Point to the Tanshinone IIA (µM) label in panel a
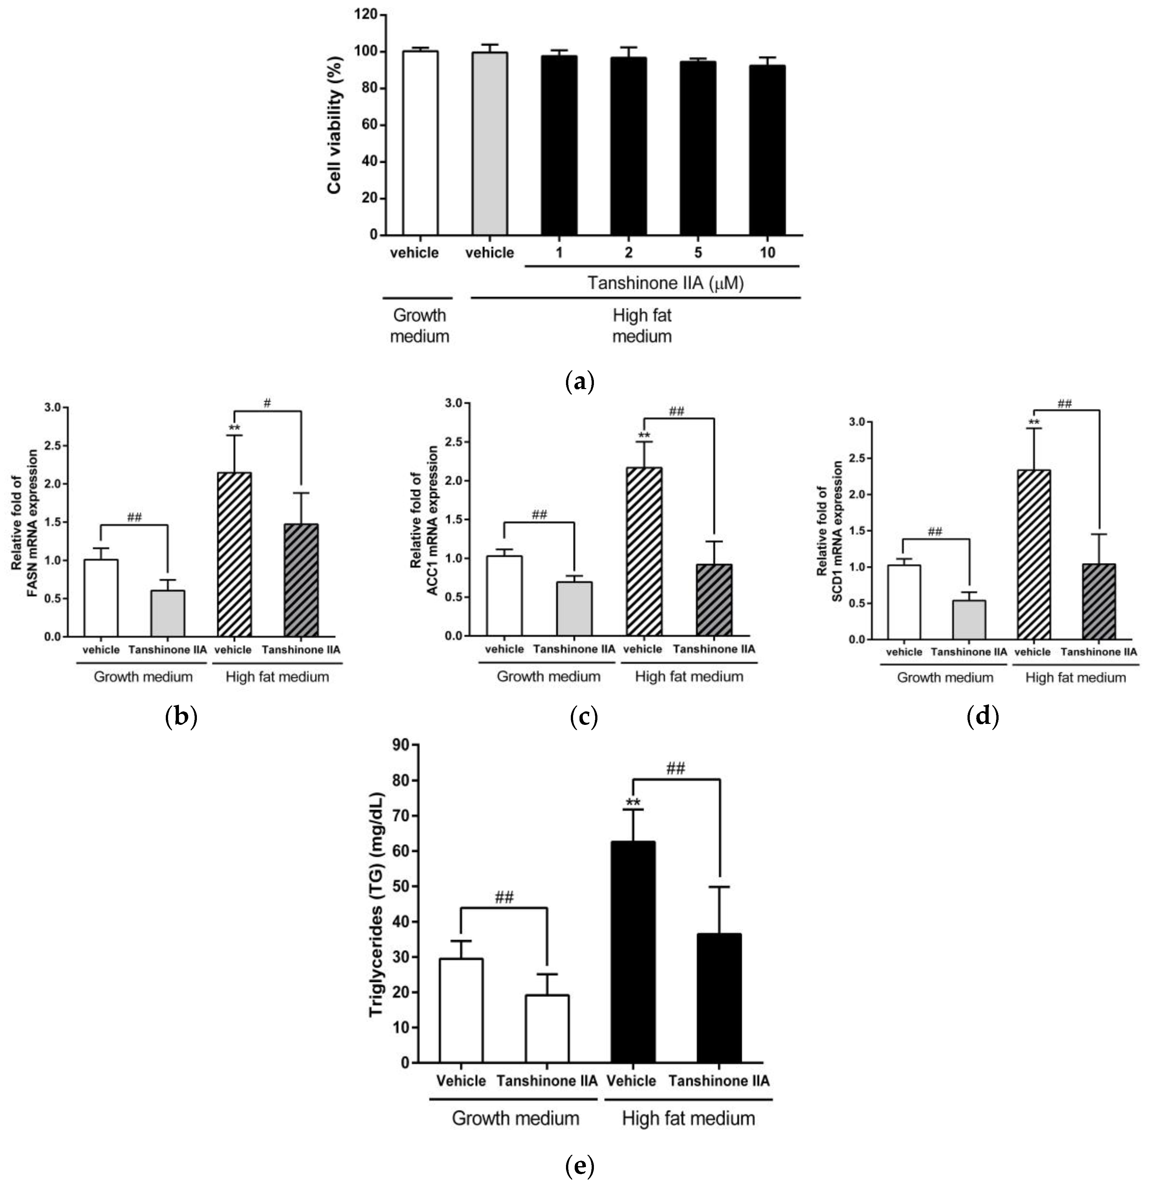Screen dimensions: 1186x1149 pyautogui.click(x=665, y=283)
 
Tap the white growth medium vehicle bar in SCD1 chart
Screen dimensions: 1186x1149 pyautogui.click(x=903, y=602)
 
